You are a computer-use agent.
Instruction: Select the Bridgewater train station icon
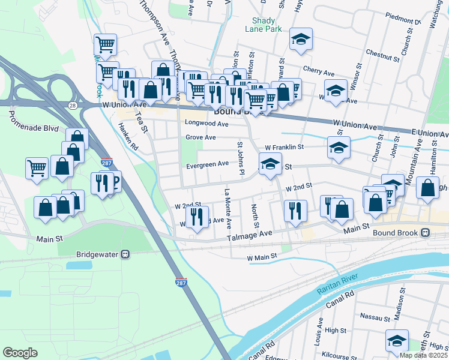125,254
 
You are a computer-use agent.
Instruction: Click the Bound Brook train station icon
425,232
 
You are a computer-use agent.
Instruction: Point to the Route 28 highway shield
72,105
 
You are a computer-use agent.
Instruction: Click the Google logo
20,353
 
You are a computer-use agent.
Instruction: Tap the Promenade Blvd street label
33,128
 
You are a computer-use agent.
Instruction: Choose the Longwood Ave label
207,124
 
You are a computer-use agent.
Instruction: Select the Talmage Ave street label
249,239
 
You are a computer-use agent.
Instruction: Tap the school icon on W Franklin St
339,148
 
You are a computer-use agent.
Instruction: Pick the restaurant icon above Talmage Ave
295,211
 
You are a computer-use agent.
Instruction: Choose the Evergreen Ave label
207,164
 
